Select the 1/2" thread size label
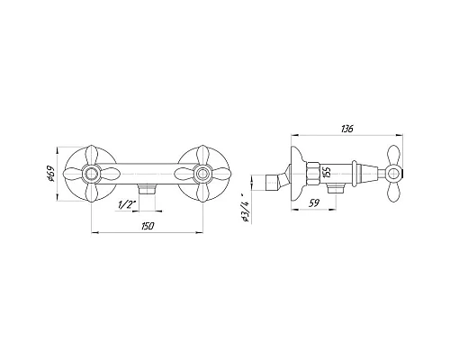click(126, 204)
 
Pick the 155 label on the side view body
click(328, 172)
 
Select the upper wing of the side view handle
click(394, 153)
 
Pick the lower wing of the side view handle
click(394, 192)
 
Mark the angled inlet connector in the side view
click(278, 184)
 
